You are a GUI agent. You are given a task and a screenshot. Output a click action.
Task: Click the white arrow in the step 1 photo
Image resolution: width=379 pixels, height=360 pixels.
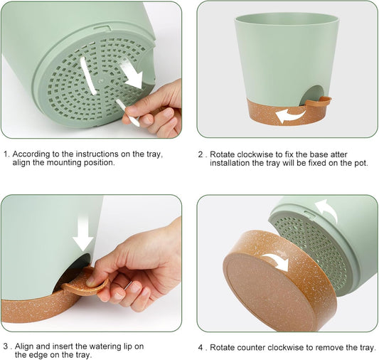point(132,74)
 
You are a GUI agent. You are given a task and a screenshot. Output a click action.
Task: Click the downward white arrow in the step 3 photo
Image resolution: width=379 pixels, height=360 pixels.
point(83,233)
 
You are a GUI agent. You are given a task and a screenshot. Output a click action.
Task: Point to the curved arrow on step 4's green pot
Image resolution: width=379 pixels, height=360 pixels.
point(329,208)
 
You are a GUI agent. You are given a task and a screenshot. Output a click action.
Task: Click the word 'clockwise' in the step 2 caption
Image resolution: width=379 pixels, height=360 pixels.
point(255,154)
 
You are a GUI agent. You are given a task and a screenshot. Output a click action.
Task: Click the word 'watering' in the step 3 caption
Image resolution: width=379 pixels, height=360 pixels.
point(105,346)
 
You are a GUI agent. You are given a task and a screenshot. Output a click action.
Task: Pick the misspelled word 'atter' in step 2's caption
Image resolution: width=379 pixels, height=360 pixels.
point(339,154)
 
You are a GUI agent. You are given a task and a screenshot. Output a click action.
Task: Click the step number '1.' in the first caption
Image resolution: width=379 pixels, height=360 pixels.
point(7,154)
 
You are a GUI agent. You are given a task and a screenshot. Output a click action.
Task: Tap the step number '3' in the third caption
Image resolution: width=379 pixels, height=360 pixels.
point(6,346)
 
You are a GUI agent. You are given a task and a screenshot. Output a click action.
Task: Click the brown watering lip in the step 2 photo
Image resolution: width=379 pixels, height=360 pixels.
point(319,102)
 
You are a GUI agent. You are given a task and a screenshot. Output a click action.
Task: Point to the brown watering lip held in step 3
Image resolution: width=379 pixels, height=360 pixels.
point(85,282)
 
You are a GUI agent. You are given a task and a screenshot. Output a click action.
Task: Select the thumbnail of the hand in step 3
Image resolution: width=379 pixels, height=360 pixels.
point(90,282)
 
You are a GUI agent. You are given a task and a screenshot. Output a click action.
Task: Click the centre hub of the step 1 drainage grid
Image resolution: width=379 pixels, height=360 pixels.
point(101,80)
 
